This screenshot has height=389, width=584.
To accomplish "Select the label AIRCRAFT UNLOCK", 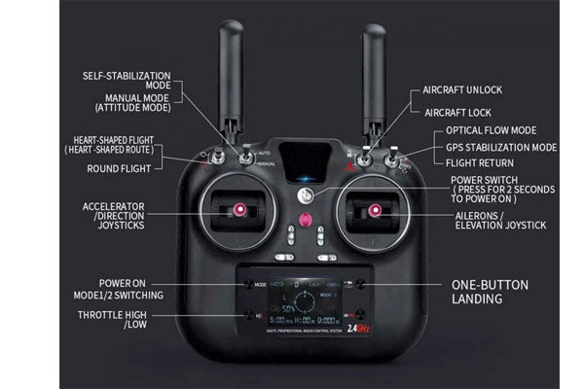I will click(x=462, y=89).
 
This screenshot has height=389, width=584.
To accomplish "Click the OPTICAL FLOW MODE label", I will click(x=491, y=130).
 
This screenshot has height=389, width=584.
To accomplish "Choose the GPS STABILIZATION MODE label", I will click(x=501, y=148).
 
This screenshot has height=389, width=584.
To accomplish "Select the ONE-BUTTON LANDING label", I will click(x=490, y=292).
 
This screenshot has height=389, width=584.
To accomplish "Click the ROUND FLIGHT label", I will click(x=125, y=167).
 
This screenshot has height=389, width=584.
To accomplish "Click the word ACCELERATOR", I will click(x=114, y=207).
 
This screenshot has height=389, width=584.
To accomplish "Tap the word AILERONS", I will click(x=477, y=215).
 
